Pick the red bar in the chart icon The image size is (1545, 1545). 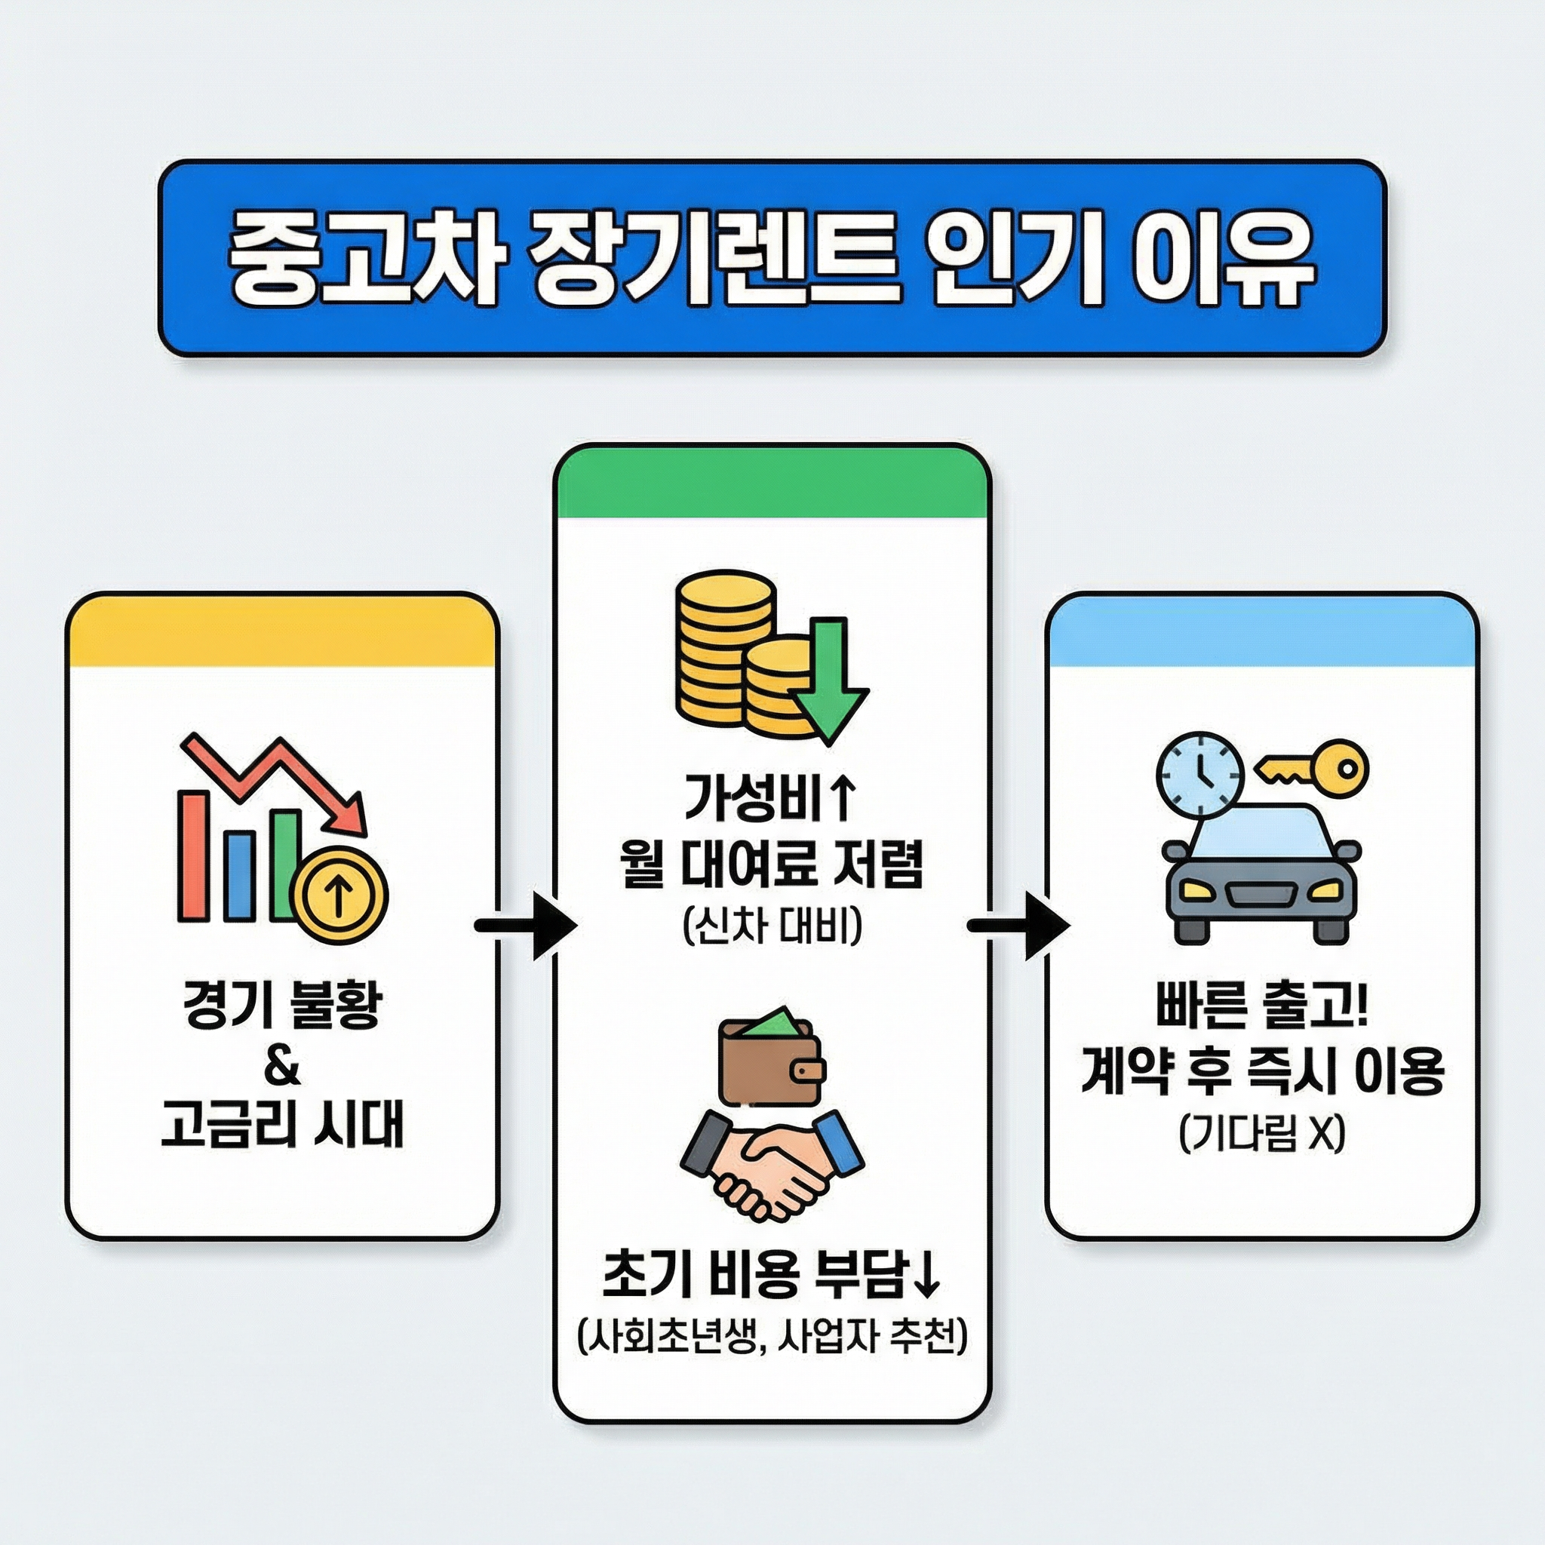[x=192, y=855]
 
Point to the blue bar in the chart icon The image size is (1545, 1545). [x=239, y=876]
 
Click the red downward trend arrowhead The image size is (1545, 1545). [x=350, y=816]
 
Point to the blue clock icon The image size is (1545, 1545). [x=1199, y=774]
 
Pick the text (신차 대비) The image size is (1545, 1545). [x=772, y=928]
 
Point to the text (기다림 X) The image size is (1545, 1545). [x=1262, y=1132]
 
